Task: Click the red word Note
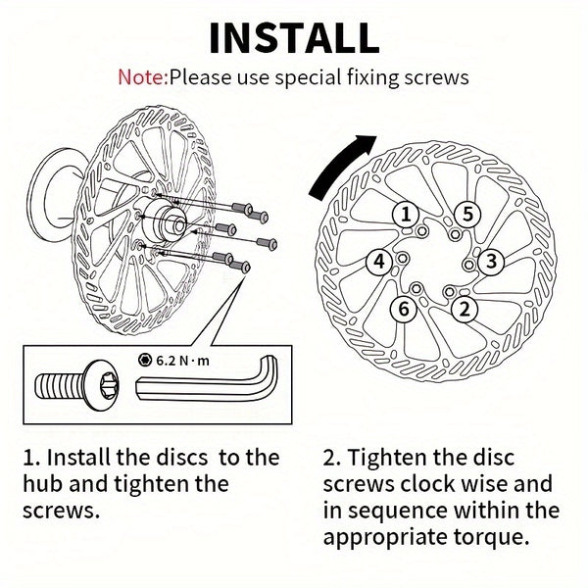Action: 142,76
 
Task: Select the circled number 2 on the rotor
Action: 465,308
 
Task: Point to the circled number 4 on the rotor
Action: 377,261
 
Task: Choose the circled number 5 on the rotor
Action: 467,215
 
